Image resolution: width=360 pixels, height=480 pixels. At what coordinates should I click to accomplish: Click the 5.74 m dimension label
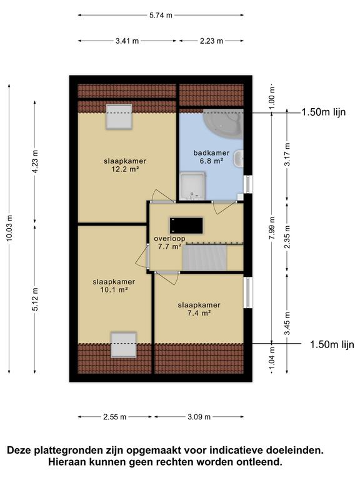pyautogui.click(x=161, y=15)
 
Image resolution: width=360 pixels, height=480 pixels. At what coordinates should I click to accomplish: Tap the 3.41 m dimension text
pyautogui.click(x=127, y=41)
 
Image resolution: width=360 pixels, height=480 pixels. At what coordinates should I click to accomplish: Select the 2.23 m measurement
pyautogui.click(x=211, y=41)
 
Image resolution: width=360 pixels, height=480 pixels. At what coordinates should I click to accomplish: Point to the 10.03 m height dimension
pyautogui.click(x=9, y=227)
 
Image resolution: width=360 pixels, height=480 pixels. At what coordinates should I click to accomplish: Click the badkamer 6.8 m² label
pyautogui.click(x=211, y=157)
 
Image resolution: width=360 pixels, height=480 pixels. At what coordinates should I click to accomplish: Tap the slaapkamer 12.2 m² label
pyautogui.click(x=125, y=165)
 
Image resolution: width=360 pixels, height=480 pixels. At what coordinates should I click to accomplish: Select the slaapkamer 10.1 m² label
pyautogui.click(x=114, y=286)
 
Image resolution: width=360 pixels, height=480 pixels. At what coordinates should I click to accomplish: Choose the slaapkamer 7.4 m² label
pyautogui.click(x=199, y=309)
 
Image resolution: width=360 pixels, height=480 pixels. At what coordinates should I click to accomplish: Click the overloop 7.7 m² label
pyautogui.click(x=169, y=242)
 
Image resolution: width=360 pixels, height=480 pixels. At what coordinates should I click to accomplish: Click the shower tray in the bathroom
pyautogui.click(x=192, y=186)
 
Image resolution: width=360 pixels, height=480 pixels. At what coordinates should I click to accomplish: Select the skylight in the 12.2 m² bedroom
pyautogui.click(x=119, y=117)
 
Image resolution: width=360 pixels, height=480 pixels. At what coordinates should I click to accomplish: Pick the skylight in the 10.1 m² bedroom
pyautogui.click(x=123, y=345)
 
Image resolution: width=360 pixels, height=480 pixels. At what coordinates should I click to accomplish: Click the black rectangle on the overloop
pyautogui.click(x=186, y=225)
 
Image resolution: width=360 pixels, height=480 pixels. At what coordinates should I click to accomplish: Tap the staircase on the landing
pyautogui.click(x=204, y=257)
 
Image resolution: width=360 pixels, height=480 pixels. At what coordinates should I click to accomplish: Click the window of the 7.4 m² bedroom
pyautogui.click(x=248, y=292)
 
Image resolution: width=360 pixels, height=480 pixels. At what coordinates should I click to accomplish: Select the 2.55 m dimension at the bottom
pyautogui.click(x=114, y=417)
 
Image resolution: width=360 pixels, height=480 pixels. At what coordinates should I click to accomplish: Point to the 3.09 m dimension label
pyautogui.click(x=199, y=417)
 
